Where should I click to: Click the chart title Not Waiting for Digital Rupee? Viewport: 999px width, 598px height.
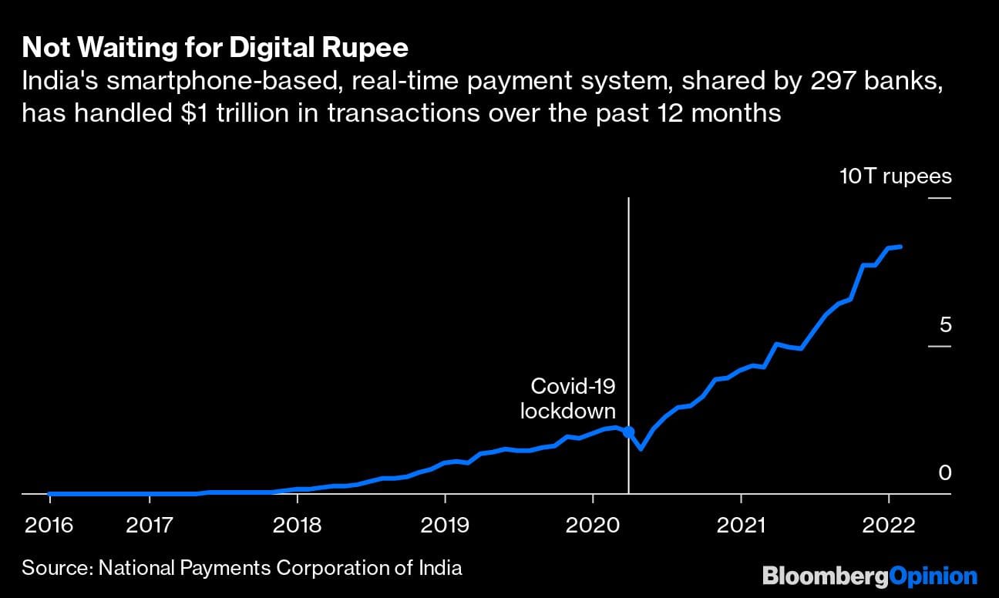click(215, 49)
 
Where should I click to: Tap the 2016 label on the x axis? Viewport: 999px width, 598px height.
click(49, 526)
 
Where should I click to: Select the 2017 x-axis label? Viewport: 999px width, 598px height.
click(150, 526)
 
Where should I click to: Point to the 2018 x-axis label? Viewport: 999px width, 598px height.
click(297, 526)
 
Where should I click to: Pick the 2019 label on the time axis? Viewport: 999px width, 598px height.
click(445, 526)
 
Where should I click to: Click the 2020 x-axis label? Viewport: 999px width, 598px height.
click(593, 526)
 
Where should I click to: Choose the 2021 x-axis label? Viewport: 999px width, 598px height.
click(741, 526)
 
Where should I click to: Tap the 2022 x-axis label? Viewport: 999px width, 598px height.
click(889, 526)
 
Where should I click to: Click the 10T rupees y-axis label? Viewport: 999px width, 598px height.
click(896, 176)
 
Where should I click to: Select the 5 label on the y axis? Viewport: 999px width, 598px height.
click(945, 324)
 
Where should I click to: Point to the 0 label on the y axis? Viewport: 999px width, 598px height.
click(945, 472)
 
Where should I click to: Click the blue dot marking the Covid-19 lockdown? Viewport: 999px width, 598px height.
click(628, 432)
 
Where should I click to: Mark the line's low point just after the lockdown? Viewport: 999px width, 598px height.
click(641, 448)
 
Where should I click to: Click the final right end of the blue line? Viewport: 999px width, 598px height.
click(901, 247)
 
